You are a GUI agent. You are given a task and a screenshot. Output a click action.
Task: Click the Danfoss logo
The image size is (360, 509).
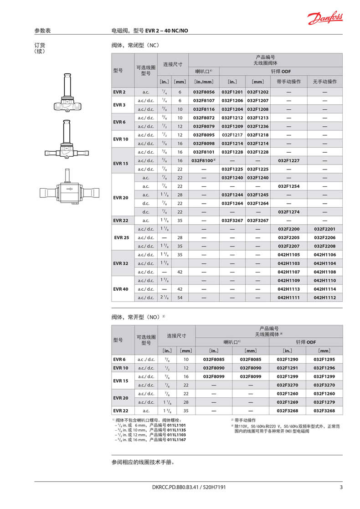pos(324,18)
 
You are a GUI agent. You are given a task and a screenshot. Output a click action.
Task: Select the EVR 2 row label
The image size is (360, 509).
pos(119,92)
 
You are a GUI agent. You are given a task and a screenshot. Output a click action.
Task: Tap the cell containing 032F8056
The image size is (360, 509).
pos(203,92)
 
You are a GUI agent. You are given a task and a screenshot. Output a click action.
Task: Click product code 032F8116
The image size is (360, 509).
pos(203,109)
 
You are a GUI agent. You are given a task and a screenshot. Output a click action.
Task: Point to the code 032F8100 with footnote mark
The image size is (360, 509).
pos(203,161)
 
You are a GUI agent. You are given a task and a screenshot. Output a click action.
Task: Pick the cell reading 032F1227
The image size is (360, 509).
pos(288,161)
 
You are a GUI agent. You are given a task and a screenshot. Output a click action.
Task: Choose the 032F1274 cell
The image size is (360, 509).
pos(288,212)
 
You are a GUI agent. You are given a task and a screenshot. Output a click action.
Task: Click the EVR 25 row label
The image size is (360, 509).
pos(121,237)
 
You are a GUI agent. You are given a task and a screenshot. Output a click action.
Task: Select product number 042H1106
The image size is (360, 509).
pos(325,255)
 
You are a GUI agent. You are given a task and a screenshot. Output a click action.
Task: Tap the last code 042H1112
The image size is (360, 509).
pos(325,298)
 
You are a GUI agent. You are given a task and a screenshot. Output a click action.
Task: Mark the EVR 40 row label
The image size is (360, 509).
pos(121,289)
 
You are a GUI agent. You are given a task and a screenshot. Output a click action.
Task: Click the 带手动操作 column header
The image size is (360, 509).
pos(288,82)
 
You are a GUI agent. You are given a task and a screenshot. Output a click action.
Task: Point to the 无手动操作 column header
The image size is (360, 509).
pos(325,82)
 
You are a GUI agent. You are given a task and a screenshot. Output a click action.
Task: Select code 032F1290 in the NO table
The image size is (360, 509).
pos(287,360)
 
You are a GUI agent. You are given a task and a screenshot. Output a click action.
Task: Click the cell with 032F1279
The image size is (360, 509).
pos(324,402)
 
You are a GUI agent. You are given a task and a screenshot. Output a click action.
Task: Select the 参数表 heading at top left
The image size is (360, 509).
pos(42,31)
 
